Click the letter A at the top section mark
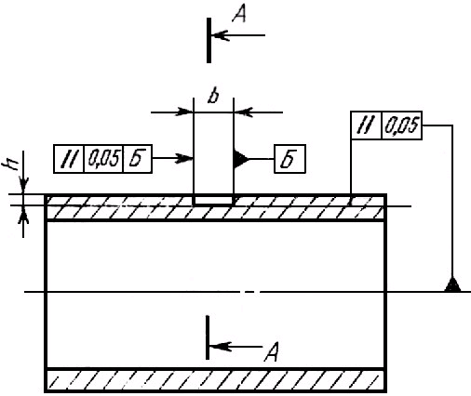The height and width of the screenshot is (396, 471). coord(239,15)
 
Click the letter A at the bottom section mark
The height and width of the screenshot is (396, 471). coord(271,352)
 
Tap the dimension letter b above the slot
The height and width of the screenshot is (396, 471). coord(213,97)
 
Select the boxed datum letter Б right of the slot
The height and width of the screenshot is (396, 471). coord(289,159)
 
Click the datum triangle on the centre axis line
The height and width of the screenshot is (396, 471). coord(452,284)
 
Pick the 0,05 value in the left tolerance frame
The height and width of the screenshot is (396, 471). coord(103,159)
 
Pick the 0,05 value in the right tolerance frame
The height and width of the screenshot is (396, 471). coord(401,125)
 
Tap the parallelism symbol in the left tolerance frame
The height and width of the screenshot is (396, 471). coord(69,159)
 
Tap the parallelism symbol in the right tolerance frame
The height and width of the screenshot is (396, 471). coord(366,125)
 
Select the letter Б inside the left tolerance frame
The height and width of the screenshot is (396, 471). coord(137,159)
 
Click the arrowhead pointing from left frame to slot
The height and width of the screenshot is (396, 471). coord(184,158)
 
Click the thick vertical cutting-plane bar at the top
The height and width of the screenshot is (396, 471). coord(209,40)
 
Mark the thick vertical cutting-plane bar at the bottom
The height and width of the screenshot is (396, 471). coord(208,337)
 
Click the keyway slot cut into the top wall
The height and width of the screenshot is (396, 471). coord(213,200)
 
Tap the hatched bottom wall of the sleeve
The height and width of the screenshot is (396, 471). coord(216,380)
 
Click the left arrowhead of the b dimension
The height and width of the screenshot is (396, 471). coord(184,112)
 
